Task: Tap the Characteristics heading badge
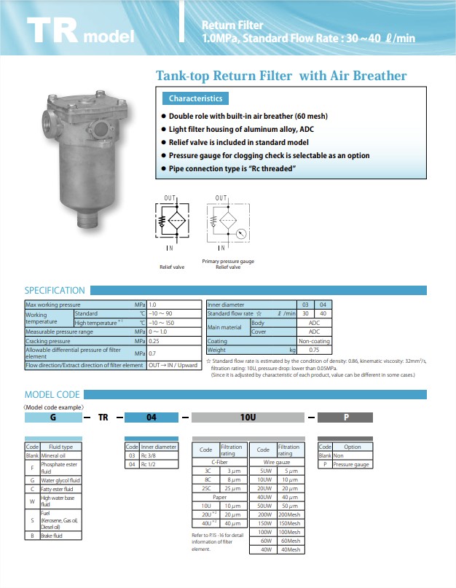click(x=196, y=98)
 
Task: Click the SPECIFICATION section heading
click(x=55, y=290)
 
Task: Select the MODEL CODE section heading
click(x=52, y=394)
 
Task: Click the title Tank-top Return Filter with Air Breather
click(x=281, y=76)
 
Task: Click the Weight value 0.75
click(x=315, y=350)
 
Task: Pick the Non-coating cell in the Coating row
click(x=315, y=341)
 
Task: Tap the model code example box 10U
click(x=247, y=418)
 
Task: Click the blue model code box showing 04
click(x=151, y=418)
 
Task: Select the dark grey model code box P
click(x=346, y=418)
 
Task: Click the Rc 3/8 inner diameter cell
click(x=158, y=456)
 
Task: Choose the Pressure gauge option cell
click(x=352, y=464)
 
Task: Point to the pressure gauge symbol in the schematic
click(x=241, y=235)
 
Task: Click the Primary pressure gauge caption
click(x=228, y=261)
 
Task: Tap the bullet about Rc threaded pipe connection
click(x=232, y=169)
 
